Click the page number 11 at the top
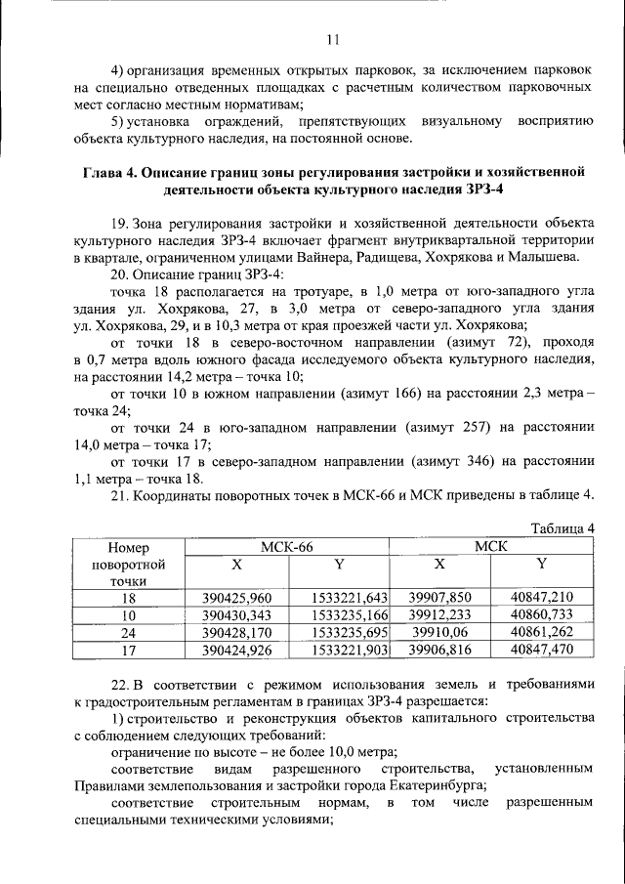click(332, 39)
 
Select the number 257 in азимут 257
click(450, 427)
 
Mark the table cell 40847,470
click(542, 649)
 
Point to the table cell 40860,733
click(542, 615)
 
